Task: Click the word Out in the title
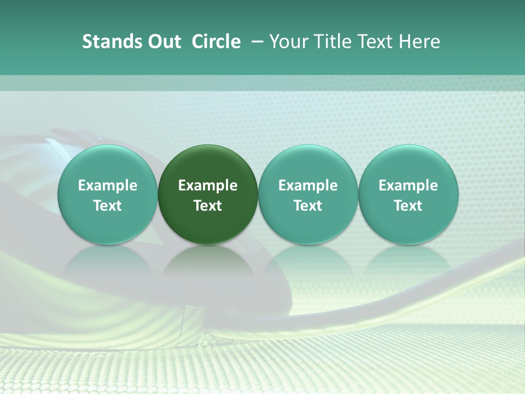(164, 42)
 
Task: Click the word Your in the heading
(288, 42)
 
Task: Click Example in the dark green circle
(208, 186)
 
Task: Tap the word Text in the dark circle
(208, 206)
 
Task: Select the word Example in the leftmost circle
(108, 186)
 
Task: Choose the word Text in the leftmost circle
(108, 206)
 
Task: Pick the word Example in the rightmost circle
(408, 186)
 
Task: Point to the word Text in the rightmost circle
(408, 206)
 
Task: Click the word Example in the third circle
(308, 186)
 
